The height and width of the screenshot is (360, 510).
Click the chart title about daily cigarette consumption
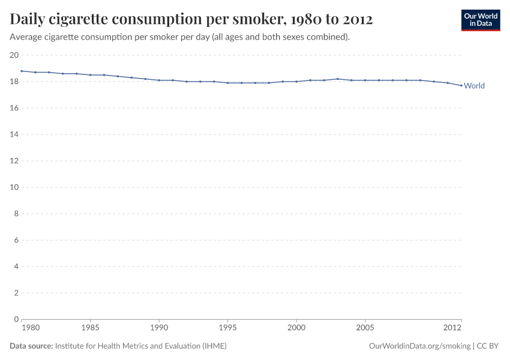coord(191,19)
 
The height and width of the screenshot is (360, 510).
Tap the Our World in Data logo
coord(480,20)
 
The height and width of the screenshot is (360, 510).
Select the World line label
coord(474,86)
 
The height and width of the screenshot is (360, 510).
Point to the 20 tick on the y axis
coord(14,55)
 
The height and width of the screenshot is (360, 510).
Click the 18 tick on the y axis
coord(14,82)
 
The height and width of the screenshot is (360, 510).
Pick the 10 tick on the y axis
coord(14,187)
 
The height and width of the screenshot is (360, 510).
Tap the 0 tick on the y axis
coord(16,319)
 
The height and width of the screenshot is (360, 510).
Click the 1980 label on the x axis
coord(31,328)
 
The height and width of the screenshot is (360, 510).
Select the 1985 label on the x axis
coord(90,328)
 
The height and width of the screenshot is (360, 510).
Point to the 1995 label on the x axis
coord(227,328)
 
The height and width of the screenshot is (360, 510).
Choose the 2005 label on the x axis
coord(365,328)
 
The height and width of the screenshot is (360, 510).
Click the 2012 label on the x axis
coord(452,328)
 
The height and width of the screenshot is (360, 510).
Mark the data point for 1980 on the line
coord(22,71)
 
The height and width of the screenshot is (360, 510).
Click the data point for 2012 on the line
coord(461,85)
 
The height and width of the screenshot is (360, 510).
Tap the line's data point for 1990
coord(159,80)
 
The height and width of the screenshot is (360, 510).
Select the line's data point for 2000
coord(296,82)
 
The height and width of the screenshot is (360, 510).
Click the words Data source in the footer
coord(31,346)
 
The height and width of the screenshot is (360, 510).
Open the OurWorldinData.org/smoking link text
coord(419,346)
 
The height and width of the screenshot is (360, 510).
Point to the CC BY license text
coord(488,346)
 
